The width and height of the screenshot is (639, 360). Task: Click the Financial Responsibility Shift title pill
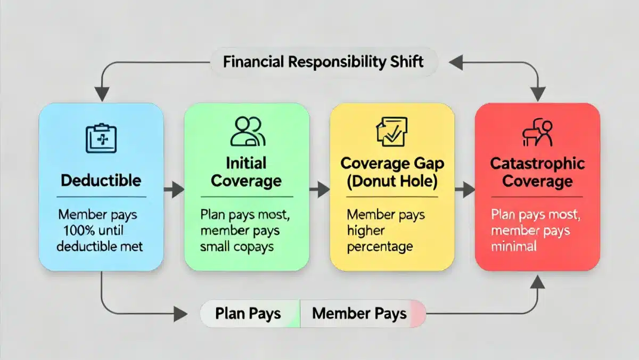click(323, 61)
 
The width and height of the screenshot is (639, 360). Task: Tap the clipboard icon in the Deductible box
click(101, 138)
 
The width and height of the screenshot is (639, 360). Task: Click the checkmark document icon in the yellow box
click(392, 132)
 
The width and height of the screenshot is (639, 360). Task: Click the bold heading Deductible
click(101, 180)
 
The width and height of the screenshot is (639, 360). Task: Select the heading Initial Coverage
click(246, 171)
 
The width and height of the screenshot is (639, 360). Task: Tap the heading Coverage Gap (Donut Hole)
click(392, 171)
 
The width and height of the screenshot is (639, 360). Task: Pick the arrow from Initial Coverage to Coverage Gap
click(320, 189)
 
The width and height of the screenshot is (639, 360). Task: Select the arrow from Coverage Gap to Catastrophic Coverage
click(465, 189)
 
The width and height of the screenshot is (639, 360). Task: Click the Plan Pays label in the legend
click(248, 314)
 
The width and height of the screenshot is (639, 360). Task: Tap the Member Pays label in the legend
click(359, 314)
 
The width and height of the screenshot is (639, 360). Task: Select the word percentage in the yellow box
click(379, 247)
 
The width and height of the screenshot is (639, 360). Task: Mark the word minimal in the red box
click(514, 246)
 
